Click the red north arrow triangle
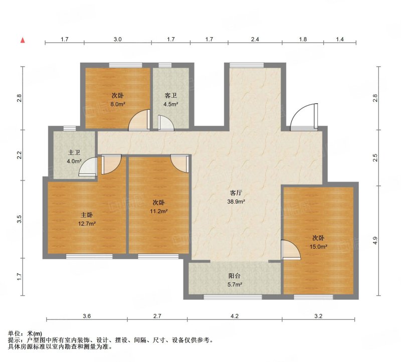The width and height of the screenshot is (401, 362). click(23, 40)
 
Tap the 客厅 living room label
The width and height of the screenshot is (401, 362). click(236, 193)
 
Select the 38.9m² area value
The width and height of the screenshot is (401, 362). click(236, 202)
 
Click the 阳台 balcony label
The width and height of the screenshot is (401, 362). click(235, 276)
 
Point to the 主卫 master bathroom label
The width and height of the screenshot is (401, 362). click(74, 153)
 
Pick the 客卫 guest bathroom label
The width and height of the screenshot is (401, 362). click(170, 96)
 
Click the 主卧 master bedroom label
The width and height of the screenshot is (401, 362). click(87, 215)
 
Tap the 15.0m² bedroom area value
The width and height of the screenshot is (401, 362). click(318, 247)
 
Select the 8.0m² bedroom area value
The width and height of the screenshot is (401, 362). click(118, 104)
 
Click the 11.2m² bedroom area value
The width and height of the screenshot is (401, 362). click(158, 211)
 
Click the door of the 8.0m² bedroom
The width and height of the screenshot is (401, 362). click(139, 120)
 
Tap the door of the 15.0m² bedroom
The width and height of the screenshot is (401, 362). click(291, 250)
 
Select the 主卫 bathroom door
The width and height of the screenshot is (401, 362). click(88, 167)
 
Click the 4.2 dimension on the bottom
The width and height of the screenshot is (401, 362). click(235, 316)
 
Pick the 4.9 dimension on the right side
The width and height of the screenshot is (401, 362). click(375, 241)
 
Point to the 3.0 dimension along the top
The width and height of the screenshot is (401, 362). click(118, 39)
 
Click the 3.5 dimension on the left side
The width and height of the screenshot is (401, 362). click(19, 219)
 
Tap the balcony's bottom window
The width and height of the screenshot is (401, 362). click(233, 297)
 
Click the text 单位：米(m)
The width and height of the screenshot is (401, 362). click(25, 333)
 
